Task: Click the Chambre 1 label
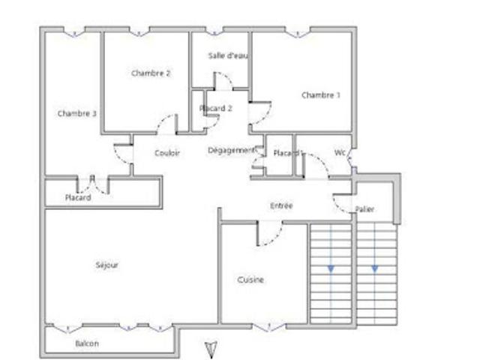pyautogui.click(x=321, y=95)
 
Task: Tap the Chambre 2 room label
pyautogui.click(x=151, y=73)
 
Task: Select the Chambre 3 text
pyautogui.click(x=76, y=113)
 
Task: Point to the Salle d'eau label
pyautogui.click(x=228, y=55)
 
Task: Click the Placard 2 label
pyautogui.click(x=216, y=108)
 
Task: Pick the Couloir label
pyautogui.click(x=167, y=153)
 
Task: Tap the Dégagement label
pyautogui.click(x=231, y=150)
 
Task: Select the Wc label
pyautogui.click(x=340, y=152)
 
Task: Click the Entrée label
pyautogui.click(x=281, y=205)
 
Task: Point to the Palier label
pyautogui.click(x=364, y=209)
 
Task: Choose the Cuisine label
pyautogui.click(x=250, y=280)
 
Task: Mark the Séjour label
pyautogui.click(x=106, y=265)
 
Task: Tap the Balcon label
pyautogui.click(x=87, y=343)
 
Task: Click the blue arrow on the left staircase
pyautogui.click(x=331, y=268)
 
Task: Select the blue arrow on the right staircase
pyautogui.click(x=375, y=268)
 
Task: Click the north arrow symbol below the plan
pyautogui.click(x=211, y=349)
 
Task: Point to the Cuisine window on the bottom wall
pyautogui.click(x=269, y=328)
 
